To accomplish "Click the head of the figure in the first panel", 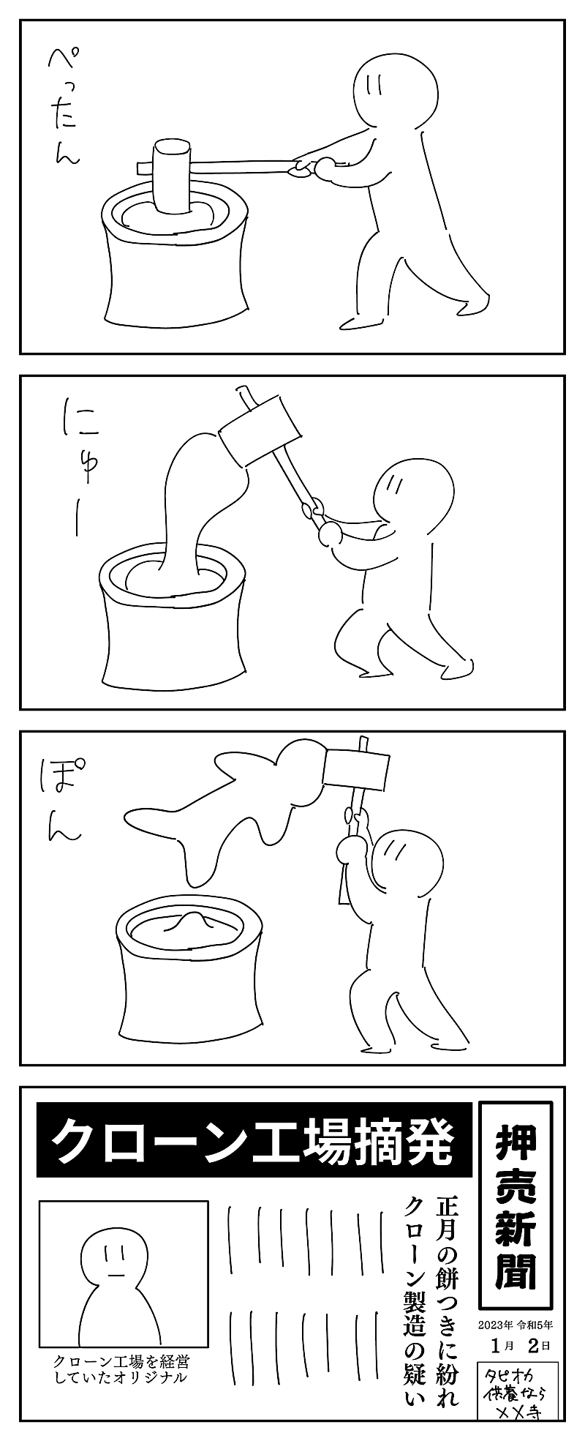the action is (396, 89).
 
